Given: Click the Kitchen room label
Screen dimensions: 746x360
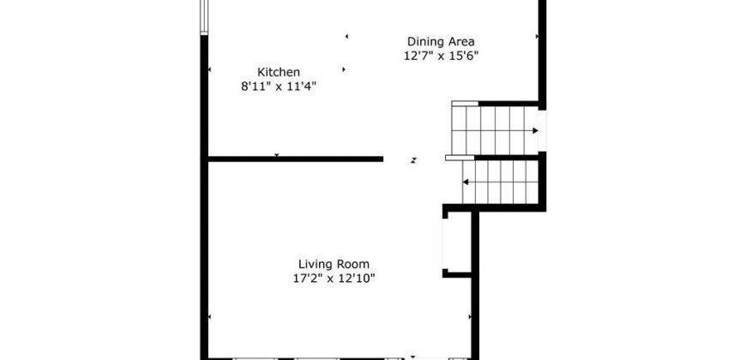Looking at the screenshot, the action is (x=279, y=72).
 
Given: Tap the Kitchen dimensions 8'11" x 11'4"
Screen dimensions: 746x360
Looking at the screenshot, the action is (x=279, y=87).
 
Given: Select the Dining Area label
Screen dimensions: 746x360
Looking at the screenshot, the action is (x=441, y=41).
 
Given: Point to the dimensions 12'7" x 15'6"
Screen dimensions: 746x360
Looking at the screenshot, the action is (x=441, y=56).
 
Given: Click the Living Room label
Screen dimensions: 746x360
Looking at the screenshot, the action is (x=334, y=264).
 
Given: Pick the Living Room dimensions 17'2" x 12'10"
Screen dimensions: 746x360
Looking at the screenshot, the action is (x=334, y=279).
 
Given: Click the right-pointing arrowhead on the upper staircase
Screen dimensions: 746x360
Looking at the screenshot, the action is (x=536, y=131).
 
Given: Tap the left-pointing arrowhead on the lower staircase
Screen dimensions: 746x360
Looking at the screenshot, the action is (x=466, y=182).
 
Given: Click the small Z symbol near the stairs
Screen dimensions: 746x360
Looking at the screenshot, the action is (x=414, y=160).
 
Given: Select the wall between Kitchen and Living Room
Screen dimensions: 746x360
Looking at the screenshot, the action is (x=296, y=159).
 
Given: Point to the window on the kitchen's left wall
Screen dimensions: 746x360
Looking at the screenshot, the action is (x=204, y=17).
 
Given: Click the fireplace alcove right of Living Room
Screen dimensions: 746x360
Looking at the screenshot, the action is (x=457, y=242).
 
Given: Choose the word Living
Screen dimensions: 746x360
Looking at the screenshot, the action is (x=316, y=264).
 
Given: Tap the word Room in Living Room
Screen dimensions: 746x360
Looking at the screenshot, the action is (x=353, y=264).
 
